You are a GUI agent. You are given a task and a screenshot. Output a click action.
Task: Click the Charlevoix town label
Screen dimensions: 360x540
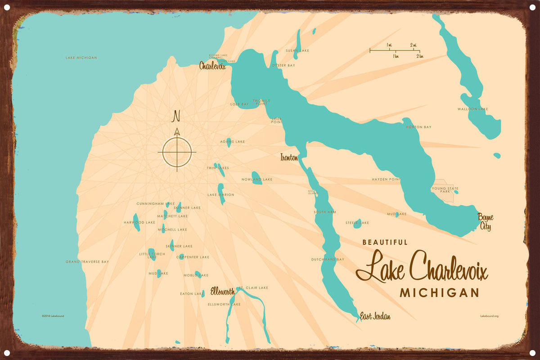click(x=212, y=66)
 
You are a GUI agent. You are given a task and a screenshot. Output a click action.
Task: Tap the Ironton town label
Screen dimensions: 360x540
click(x=288, y=157)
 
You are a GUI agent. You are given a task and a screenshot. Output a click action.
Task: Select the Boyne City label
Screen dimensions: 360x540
click(x=486, y=222)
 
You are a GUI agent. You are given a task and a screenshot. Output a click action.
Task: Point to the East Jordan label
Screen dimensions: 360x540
click(x=375, y=316)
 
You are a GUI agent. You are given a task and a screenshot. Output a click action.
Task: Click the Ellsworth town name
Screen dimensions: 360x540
click(x=223, y=292)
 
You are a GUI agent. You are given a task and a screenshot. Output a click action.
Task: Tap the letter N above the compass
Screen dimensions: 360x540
click(x=176, y=117)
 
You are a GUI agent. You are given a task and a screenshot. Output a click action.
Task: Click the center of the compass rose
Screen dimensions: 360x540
click(x=177, y=152)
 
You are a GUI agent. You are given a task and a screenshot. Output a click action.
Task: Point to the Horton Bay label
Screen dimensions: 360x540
click(x=418, y=127)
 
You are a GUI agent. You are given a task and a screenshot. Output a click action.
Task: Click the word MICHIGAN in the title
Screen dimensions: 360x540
click(x=439, y=293)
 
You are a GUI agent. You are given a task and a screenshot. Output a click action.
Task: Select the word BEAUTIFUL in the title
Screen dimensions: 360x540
click(x=385, y=242)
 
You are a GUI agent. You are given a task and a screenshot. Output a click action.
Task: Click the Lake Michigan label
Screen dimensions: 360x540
click(x=81, y=58)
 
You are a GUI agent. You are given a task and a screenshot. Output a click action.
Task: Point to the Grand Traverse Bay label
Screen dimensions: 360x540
click(x=87, y=261)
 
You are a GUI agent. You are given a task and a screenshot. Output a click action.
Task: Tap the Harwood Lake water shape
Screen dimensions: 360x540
click(x=136, y=222)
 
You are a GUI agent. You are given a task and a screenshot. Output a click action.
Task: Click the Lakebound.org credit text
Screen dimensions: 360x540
click(x=489, y=316)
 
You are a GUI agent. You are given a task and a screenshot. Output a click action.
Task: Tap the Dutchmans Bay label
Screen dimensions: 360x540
click(x=327, y=259)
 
